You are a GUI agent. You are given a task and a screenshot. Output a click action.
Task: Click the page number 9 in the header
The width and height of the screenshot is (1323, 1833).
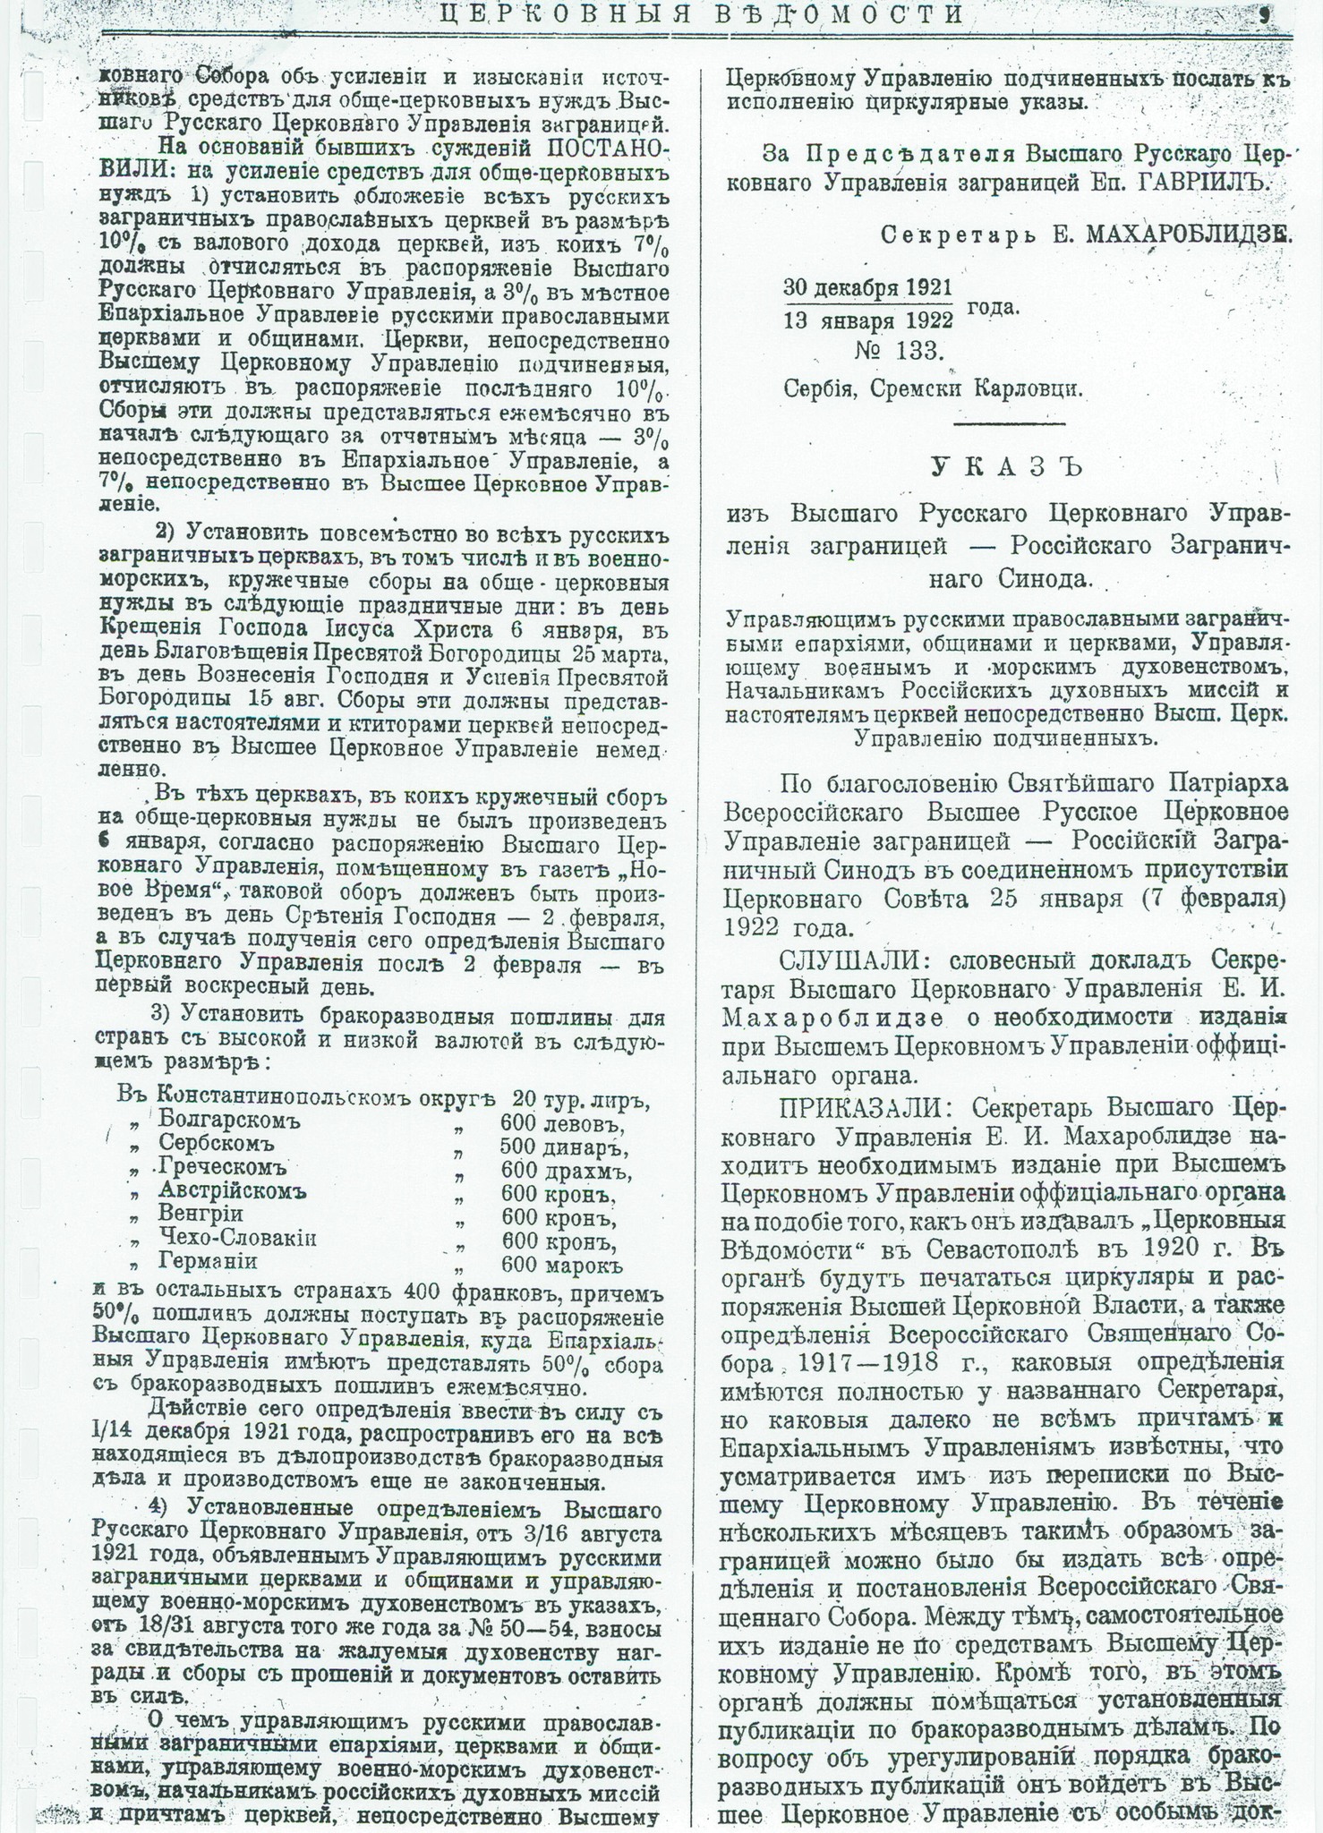pos(1265,14)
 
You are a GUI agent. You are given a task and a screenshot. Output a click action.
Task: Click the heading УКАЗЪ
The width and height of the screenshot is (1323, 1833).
pos(1006,467)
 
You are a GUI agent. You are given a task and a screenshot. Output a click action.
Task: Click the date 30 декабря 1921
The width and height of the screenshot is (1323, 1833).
pos(867,288)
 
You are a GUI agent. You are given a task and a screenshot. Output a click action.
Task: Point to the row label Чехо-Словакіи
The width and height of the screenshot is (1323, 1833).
pos(237,1239)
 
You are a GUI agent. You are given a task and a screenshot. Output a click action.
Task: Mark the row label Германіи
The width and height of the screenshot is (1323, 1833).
pos(208,1262)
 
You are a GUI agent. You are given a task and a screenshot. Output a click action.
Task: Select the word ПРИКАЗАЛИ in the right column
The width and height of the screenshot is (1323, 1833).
pos(860,1107)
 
